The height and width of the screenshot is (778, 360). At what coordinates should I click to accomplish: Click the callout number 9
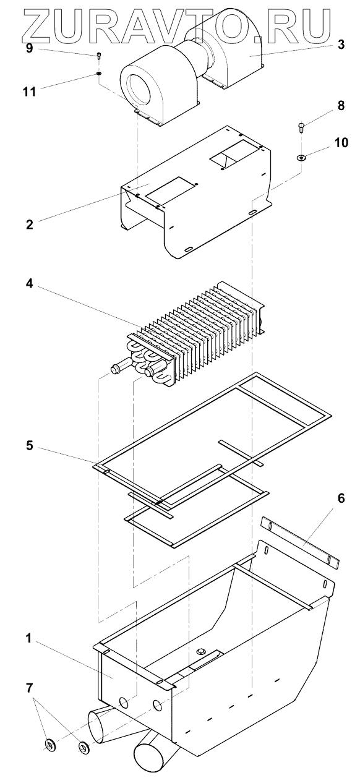29,48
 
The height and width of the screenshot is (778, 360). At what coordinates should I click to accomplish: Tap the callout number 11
30,92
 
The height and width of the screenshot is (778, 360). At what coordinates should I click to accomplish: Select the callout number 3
341,45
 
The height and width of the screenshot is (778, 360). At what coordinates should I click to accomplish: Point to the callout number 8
341,106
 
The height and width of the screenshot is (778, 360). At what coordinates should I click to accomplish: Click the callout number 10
341,142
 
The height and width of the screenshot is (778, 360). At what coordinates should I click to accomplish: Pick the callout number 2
30,224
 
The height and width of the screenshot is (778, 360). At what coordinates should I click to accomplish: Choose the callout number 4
29,283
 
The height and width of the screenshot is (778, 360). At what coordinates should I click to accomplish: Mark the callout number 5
30,445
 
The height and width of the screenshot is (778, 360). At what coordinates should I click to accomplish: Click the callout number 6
341,498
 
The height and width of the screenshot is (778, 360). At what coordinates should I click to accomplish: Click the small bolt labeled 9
99,56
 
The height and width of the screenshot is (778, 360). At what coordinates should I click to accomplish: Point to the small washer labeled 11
99,74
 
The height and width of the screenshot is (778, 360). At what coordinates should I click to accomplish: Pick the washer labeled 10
301,158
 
